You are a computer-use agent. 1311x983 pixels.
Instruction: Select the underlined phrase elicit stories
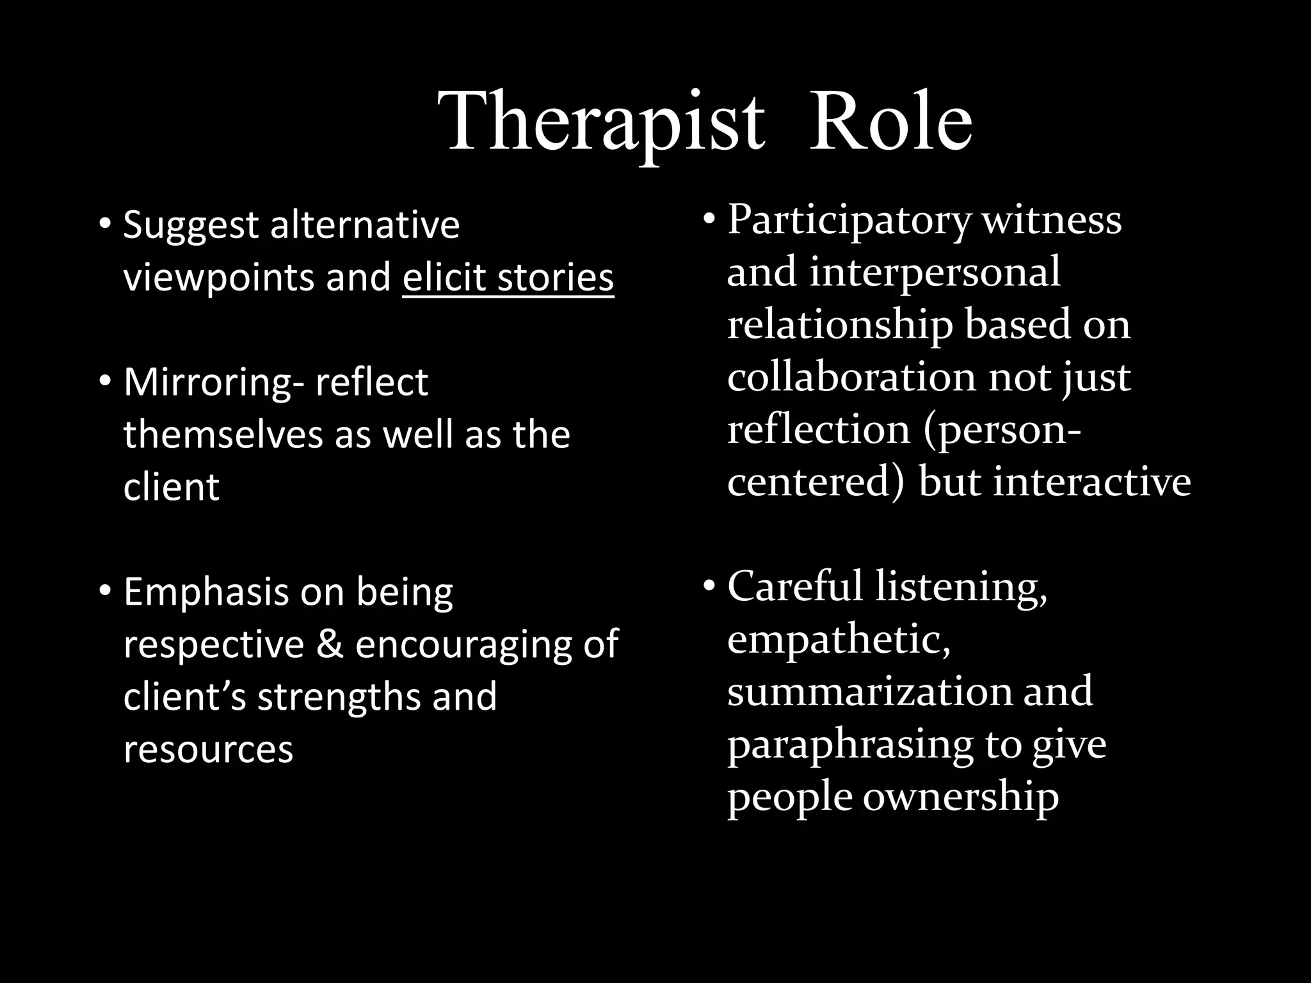508,278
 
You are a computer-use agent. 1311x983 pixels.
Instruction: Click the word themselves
223,435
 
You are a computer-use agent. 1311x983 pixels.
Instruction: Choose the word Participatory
849,221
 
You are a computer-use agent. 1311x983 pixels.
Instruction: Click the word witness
1052,220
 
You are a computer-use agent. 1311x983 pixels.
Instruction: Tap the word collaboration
851,377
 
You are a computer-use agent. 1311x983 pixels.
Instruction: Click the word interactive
1091,482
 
